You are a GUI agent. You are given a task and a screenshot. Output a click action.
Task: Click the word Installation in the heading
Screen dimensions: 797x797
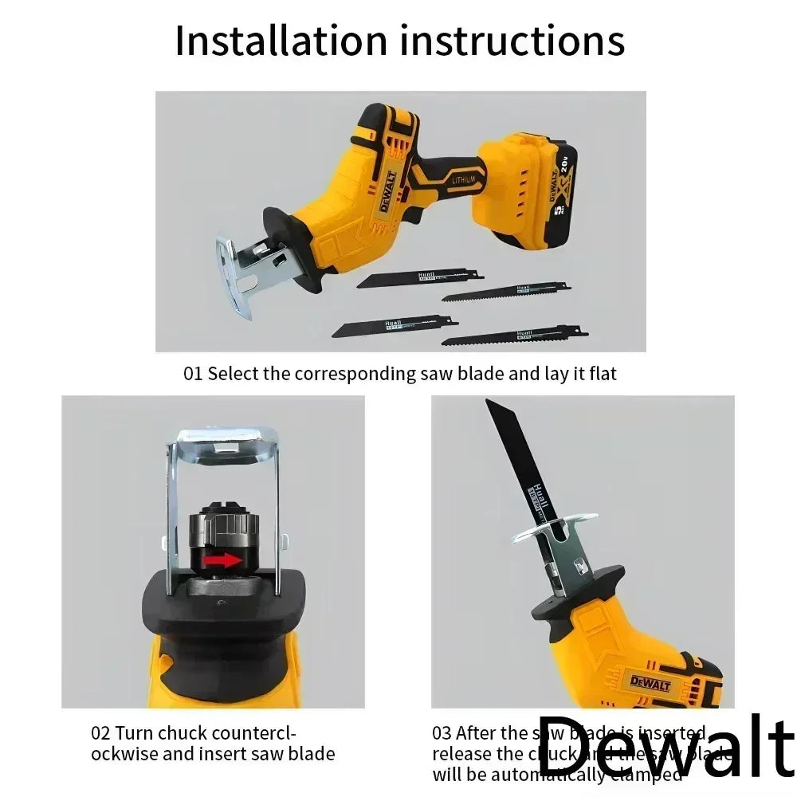coord(281,41)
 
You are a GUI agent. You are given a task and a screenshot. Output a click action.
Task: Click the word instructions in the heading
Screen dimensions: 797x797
coord(512,41)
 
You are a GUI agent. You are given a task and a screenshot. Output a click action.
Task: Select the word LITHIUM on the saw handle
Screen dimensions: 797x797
coord(463,181)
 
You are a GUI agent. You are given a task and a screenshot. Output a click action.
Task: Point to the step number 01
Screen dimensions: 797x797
coord(194,373)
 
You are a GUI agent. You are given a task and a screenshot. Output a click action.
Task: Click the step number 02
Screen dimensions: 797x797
coord(100,733)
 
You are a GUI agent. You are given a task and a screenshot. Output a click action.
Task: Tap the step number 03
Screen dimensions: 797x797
coord(442,733)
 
